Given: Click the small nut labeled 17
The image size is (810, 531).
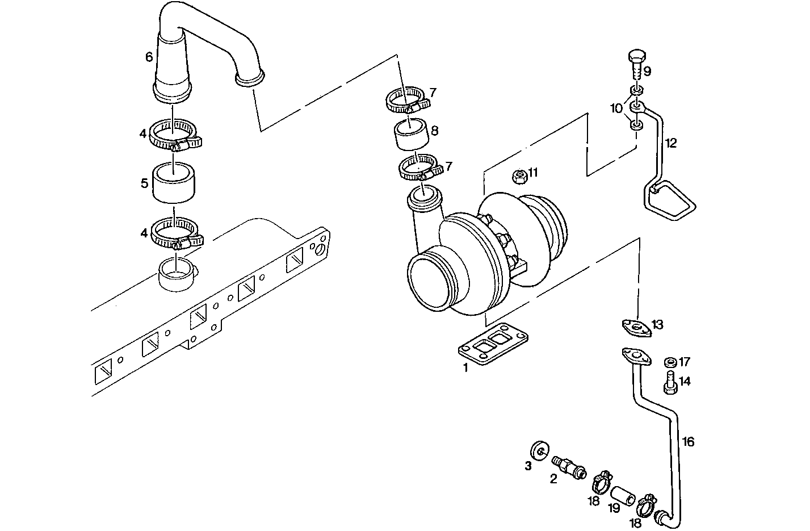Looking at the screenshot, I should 669,362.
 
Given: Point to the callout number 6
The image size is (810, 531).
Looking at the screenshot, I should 149,57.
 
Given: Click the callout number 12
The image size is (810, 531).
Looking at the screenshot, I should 671,143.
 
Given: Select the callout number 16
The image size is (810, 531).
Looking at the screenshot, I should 688,442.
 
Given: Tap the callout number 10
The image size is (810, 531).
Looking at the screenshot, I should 616,108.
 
